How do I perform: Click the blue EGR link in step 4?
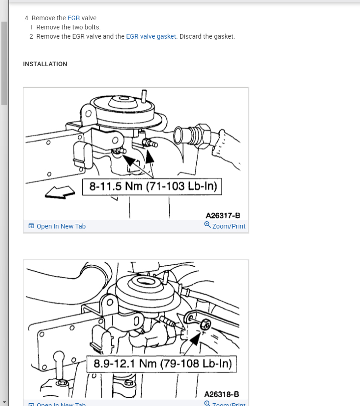(x=74, y=18)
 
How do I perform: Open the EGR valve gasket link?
(x=151, y=36)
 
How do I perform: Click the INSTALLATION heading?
(x=45, y=64)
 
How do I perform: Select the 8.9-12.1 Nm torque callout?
(x=161, y=364)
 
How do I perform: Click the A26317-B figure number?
(x=223, y=215)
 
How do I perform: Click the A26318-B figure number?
(x=222, y=394)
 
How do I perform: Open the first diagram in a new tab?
(x=61, y=226)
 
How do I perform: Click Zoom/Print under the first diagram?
(x=229, y=226)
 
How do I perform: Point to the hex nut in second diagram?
(x=205, y=325)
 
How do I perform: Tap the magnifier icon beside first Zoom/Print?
(x=207, y=225)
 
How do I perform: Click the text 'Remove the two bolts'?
(x=68, y=27)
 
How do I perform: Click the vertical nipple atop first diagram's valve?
(x=144, y=96)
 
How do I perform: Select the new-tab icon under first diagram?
(x=31, y=226)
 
